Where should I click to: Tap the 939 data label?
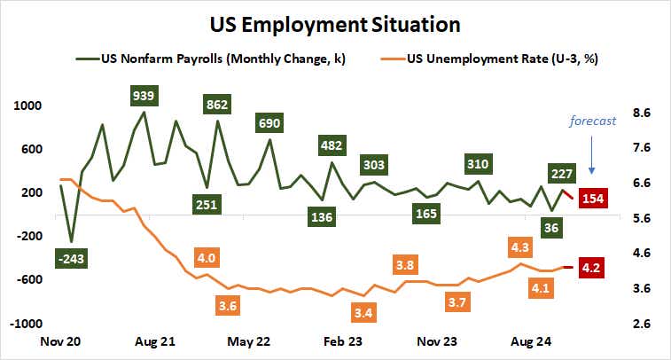tap(144, 94)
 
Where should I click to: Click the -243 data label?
tap(70, 258)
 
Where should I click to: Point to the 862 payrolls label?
tap(217, 104)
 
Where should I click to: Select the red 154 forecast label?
tap(593, 199)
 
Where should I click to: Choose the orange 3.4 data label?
tap(362, 312)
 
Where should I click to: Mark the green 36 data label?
tap(551, 228)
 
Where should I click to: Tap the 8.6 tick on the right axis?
tap(642, 113)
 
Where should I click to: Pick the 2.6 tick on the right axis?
tap(642, 324)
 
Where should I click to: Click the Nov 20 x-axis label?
tap(60, 340)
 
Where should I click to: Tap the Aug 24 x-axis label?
tap(531, 340)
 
